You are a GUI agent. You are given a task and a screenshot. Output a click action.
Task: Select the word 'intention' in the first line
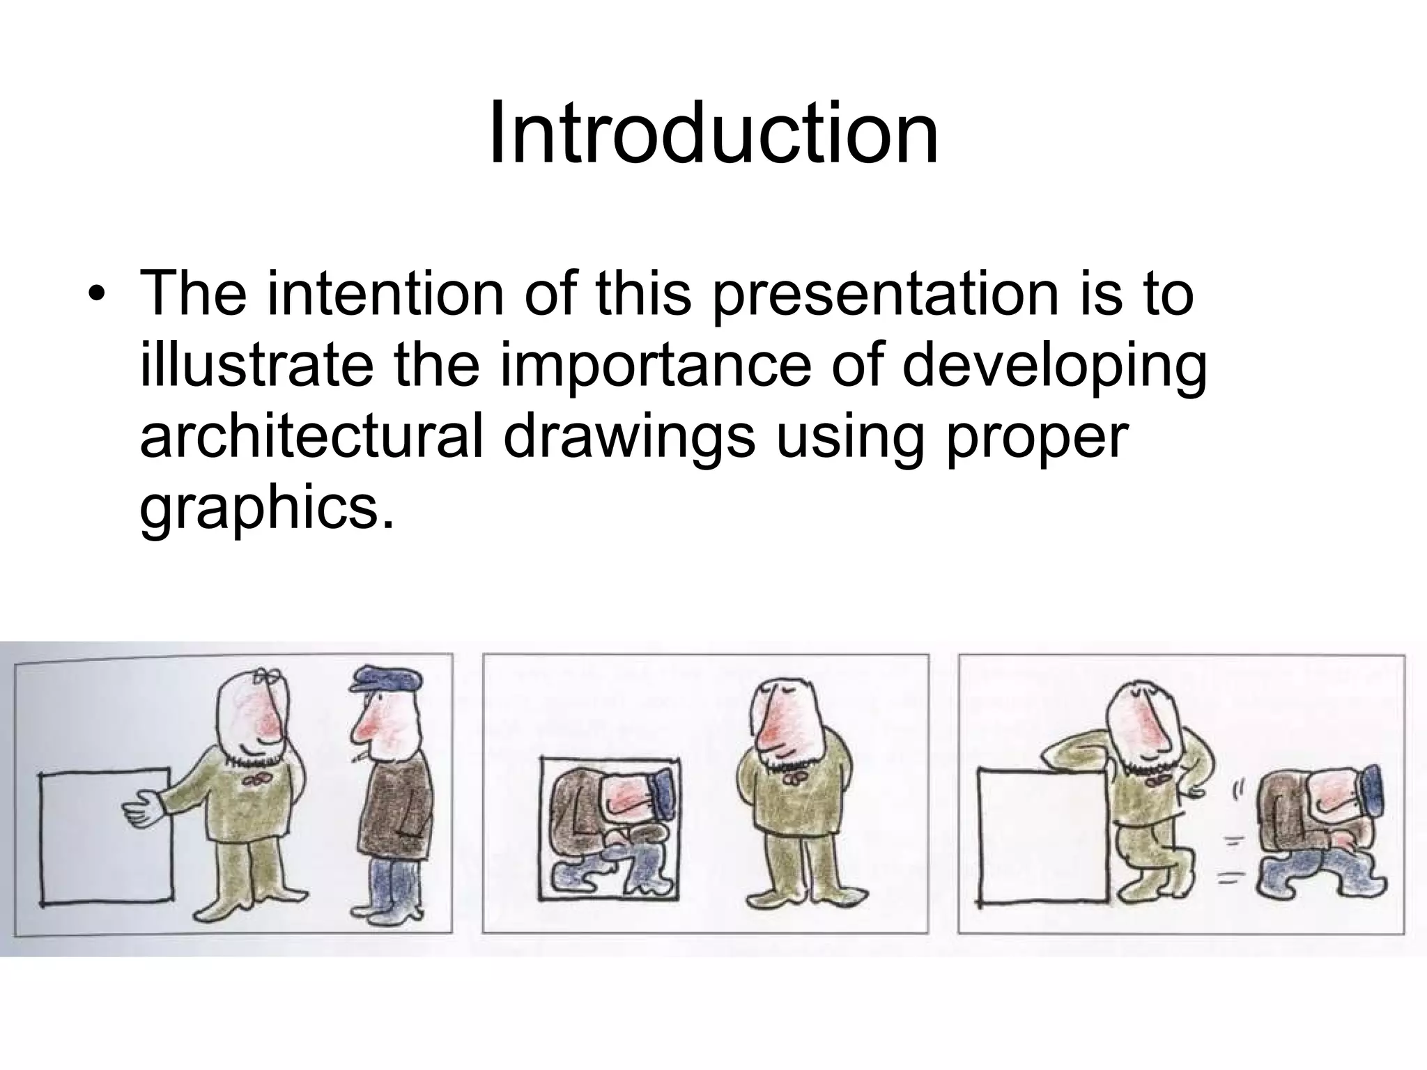coord(384,294)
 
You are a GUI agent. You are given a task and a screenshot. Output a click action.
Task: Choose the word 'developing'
coord(1054,368)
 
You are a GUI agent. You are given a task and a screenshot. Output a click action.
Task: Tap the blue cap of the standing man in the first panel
coord(385,679)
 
